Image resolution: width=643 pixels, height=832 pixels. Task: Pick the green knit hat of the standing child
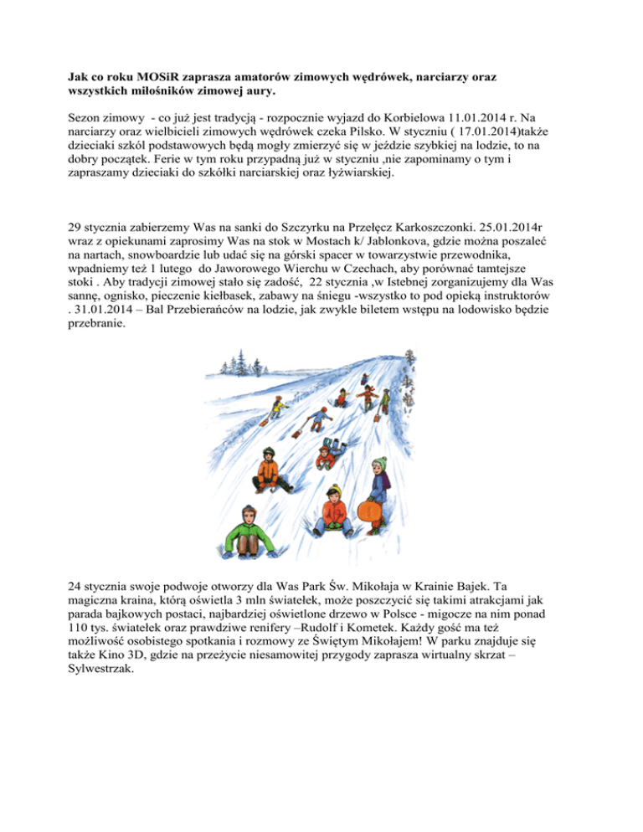click(379, 463)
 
